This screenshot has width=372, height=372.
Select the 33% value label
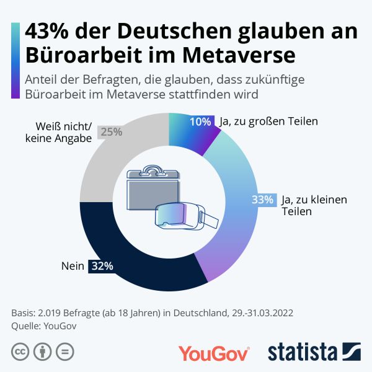coord(262,200)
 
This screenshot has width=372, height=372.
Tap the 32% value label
coord(102,266)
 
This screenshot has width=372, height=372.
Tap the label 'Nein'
coord(73,266)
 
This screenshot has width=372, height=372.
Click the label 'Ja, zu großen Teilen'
coord(268,122)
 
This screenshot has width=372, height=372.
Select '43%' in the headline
coord(48,32)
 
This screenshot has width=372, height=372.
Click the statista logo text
coord(303,352)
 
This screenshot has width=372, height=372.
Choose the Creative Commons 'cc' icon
coord(20,352)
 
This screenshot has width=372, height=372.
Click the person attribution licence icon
coord(42,352)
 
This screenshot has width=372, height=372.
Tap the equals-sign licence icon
coord(64,352)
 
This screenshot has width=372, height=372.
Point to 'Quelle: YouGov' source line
coord(47,325)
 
